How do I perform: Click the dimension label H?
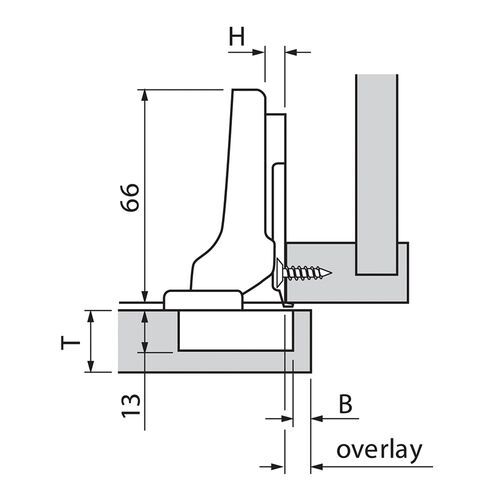pos(237,36)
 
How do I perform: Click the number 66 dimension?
pos(130,197)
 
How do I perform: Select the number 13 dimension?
pos(130,405)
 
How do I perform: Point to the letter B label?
pos(345,404)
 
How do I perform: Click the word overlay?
pos(379,451)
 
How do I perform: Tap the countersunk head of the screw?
pos(279,271)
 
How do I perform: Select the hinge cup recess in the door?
pos(236,331)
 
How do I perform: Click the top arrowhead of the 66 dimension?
pos(144,94)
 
